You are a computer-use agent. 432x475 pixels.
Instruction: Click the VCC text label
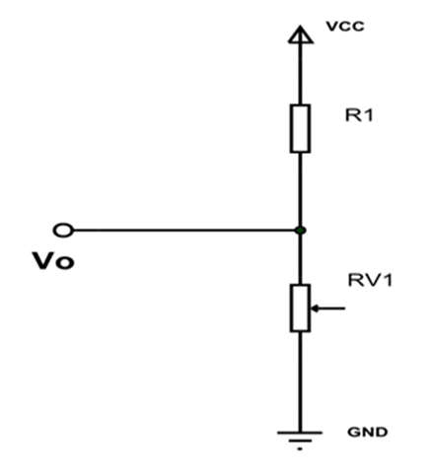[x=345, y=27]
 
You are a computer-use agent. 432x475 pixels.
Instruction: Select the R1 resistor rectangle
[x=300, y=129]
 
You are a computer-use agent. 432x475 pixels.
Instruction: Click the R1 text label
[x=359, y=115]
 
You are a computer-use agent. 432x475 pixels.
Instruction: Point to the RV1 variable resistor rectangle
[x=300, y=308]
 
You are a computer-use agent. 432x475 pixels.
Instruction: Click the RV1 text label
[x=370, y=280]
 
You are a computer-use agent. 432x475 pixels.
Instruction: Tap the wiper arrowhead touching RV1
[x=315, y=308]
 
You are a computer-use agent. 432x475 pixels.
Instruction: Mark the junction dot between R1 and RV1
[x=300, y=231]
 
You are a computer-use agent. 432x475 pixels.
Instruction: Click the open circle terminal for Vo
[x=63, y=231]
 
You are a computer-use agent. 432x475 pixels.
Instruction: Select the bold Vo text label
[x=53, y=261]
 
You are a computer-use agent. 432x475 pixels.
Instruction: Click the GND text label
[x=368, y=432]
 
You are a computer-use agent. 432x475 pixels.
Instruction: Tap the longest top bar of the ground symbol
[x=300, y=433]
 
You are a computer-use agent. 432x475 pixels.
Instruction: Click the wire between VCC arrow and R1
[x=300, y=74]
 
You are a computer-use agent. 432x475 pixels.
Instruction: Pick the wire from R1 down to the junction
[x=300, y=189]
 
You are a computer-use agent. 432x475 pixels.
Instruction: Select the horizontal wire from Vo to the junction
[x=184, y=231]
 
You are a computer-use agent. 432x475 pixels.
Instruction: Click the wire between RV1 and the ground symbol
[x=300, y=381]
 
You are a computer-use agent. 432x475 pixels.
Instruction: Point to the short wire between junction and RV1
[x=300, y=259]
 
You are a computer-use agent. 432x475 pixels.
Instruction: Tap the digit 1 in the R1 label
[x=369, y=115]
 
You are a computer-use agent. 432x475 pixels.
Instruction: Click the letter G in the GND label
[x=354, y=432]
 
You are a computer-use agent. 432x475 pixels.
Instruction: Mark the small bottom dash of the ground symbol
[x=300, y=448]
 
